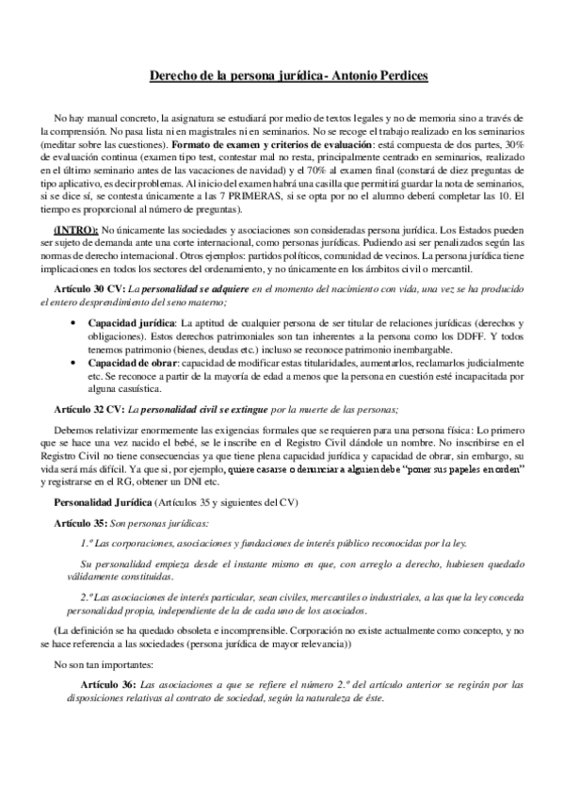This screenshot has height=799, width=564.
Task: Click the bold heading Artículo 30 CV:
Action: [91, 286]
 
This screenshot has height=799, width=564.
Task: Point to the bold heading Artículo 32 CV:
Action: [91, 408]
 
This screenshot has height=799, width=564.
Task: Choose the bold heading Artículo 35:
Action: [79, 521]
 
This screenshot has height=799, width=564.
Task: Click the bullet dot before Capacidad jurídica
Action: [75, 323]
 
